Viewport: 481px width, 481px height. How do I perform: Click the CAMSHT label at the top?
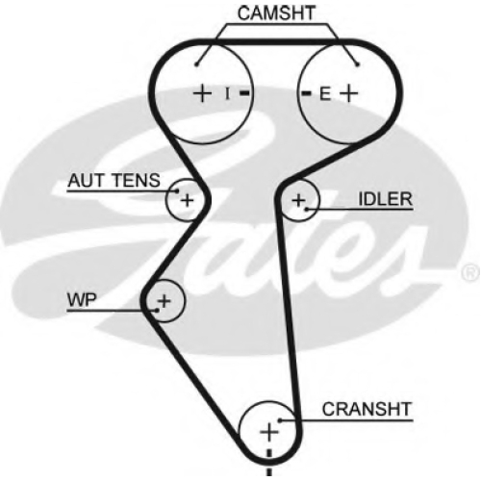click(x=276, y=13)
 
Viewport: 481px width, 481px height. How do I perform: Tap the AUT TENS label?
click(x=114, y=180)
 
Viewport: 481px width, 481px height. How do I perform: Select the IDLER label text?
click(x=385, y=199)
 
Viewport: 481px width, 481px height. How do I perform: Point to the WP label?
click(x=82, y=300)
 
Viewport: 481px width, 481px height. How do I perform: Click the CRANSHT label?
click(x=367, y=409)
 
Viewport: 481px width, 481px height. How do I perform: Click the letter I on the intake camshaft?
click(x=227, y=93)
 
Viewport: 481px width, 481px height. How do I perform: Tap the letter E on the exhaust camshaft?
click(x=325, y=94)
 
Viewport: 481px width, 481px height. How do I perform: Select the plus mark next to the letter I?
click(x=202, y=93)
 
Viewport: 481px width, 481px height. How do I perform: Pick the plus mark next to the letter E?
click(x=348, y=93)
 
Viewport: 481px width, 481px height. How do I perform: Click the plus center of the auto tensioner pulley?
click(x=188, y=200)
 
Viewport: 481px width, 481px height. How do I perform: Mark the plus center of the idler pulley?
click(x=298, y=200)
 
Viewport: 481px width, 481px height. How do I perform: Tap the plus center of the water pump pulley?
click(x=165, y=301)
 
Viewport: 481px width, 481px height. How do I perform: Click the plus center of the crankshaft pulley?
click(x=269, y=432)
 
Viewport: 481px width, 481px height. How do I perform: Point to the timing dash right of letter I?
click(x=244, y=93)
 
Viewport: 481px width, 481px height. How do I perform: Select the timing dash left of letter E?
click(x=306, y=93)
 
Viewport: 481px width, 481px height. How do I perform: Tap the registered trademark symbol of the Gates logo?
click(x=470, y=273)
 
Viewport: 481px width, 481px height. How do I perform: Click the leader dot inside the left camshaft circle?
click(x=196, y=64)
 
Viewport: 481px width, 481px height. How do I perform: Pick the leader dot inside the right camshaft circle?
click(x=358, y=64)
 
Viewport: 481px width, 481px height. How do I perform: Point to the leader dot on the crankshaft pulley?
click(x=280, y=420)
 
